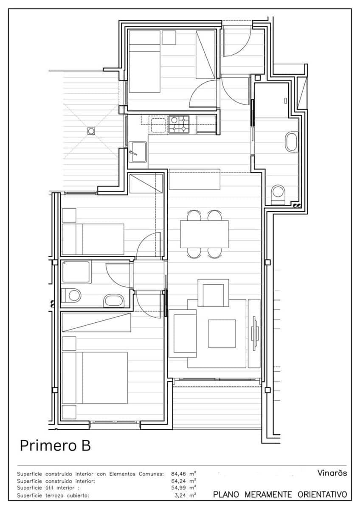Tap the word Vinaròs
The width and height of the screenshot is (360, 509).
point(332,473)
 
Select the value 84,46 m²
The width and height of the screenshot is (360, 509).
point(183,474)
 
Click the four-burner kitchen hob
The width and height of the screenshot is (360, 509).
point(179,125)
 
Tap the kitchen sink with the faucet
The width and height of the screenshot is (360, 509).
point(138,152)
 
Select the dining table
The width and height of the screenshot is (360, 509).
point(204,234)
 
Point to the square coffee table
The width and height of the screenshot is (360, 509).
point(222,333)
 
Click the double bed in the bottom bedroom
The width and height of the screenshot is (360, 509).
point(95,378)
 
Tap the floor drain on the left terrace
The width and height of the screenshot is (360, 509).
point(91,131)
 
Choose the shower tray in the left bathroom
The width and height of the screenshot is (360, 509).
point(76,272)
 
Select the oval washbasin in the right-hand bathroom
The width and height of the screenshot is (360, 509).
point(291,142)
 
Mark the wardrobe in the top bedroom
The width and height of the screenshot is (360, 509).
point(205,55)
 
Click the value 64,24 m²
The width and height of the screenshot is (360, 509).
point(183,481)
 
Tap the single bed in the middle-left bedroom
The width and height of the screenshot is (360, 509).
point(93,239)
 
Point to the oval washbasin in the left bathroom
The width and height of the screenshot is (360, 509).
point(114,301)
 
